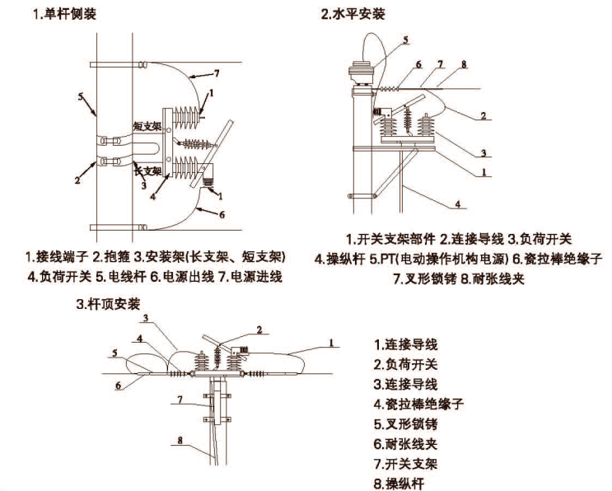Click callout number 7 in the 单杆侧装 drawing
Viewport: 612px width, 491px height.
point(217,73)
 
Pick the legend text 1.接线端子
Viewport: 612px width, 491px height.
point(62,256)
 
